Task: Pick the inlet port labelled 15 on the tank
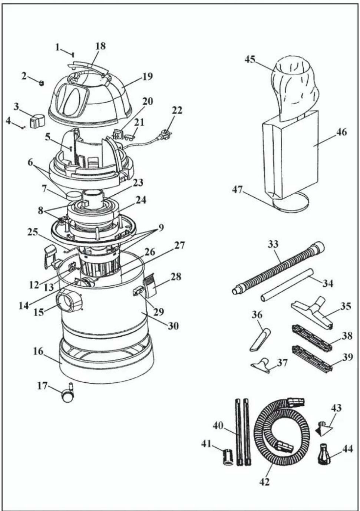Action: pos(69,301)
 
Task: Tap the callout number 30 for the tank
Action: pos(173,326)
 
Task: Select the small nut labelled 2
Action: pos(41,83)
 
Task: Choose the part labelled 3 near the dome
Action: pos(37,120)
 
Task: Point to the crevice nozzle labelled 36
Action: pos(260,340)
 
